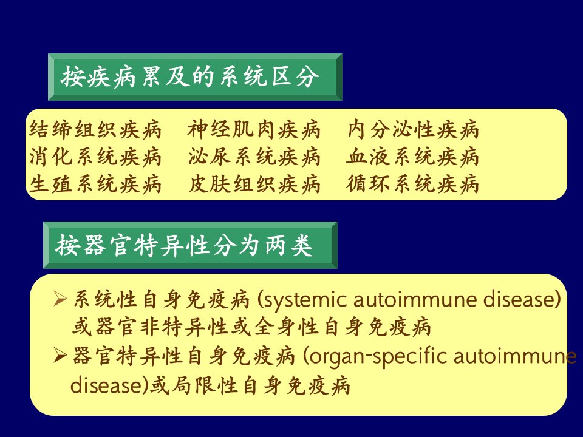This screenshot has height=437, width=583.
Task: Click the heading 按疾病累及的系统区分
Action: coord(190,77)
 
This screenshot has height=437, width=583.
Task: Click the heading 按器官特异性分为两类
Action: coord(184,246)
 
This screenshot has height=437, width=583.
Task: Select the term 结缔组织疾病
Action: coord(95,130)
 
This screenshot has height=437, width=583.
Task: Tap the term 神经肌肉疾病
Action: coord(254,130)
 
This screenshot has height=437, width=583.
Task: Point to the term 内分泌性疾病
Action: coord(413,130)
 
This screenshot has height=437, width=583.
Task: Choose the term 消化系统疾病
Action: coord(95,157)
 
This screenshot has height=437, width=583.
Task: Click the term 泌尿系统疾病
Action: coord(254,157)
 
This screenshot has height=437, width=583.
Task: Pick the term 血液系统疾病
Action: coord(412,157)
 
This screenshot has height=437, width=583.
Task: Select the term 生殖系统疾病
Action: coord(95,184)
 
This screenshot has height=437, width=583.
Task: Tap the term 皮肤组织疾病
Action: coord(254,184)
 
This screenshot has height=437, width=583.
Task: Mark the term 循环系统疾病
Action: coord(412,184)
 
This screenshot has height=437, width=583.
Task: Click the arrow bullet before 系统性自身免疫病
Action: coord(60,299)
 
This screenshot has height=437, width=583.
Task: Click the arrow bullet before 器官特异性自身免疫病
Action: coord(60,356)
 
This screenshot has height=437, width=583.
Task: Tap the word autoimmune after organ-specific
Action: coord(515,356)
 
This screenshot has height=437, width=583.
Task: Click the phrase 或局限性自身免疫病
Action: coord(250,385)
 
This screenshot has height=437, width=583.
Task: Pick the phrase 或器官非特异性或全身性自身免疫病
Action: coord(251,327)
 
